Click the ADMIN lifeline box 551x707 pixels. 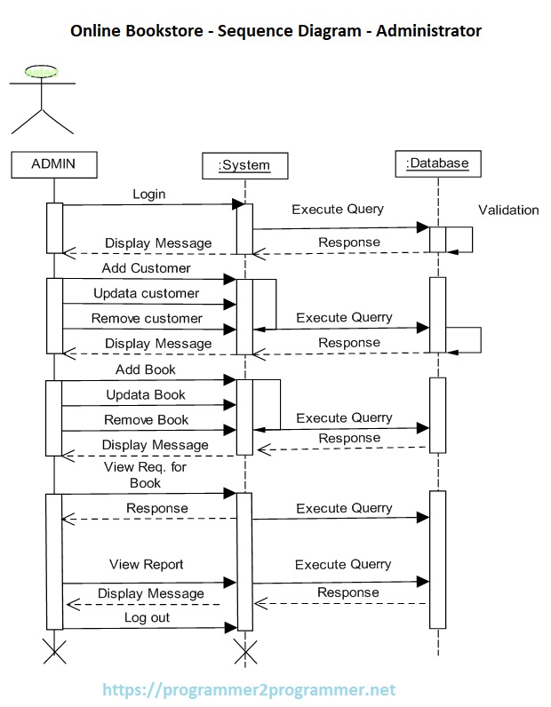coord(53,163)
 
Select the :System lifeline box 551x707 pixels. coord(244,165)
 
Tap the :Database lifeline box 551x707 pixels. coord(437,163)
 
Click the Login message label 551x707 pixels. coord(148,194)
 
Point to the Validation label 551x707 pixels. coord(508,211)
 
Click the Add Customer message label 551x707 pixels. coord(146,267)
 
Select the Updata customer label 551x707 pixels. coord(147,293)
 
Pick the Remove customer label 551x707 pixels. coord(147,318)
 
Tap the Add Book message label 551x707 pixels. coord(146,369)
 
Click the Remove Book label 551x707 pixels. coord(147,419)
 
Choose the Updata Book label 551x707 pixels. coord(146,394)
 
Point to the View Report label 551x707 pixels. coord(147,564)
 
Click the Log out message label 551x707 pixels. coord(147,617)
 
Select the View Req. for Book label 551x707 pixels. coord(145,474)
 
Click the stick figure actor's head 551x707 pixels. coord(42,72)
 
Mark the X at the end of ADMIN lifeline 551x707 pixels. coord(54,653)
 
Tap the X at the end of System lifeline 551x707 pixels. coord(244,653)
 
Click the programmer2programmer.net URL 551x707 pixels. coord(249,689)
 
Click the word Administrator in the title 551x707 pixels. coord(428,31)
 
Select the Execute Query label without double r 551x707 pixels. coord(338,210)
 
